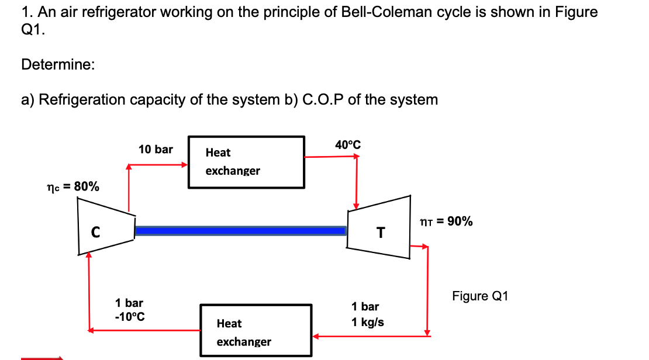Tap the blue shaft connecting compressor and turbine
[x=240, y=231]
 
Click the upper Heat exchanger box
[x=246, y=162]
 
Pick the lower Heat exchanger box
[x=256, y=331]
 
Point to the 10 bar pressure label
[x=156, y=150]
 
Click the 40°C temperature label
[x=348, y=144]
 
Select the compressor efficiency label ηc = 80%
[x=73, y=187]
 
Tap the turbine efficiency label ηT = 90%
[x=447, y=221]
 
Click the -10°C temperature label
[x=130, y=317]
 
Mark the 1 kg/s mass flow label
[x=367, y=322]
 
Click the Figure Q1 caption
[x=480, y=296]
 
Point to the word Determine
[x=57, y=64]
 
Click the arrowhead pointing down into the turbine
[x=355, y=206]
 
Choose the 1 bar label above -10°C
[x=129, y=303]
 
